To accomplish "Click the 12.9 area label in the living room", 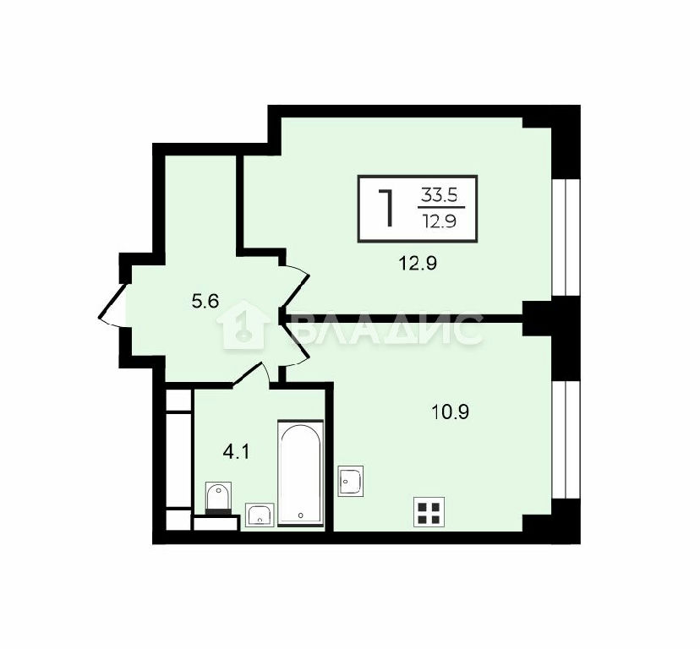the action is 418,264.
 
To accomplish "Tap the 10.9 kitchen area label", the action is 450,412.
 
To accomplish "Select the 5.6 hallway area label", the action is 205,303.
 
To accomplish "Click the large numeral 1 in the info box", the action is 386,208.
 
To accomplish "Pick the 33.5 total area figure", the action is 440,195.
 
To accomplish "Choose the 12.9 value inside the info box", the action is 440,221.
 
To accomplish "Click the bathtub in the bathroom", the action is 300,473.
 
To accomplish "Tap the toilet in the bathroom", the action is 218,498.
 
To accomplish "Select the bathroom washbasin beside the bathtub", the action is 260,515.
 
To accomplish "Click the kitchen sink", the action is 351,481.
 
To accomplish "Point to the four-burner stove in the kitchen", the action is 429,512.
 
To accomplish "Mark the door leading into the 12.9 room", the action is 295,286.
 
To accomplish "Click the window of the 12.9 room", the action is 566,237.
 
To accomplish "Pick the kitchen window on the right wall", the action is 566,439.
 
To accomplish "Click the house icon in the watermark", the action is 243,324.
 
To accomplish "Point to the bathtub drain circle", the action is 300,515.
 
